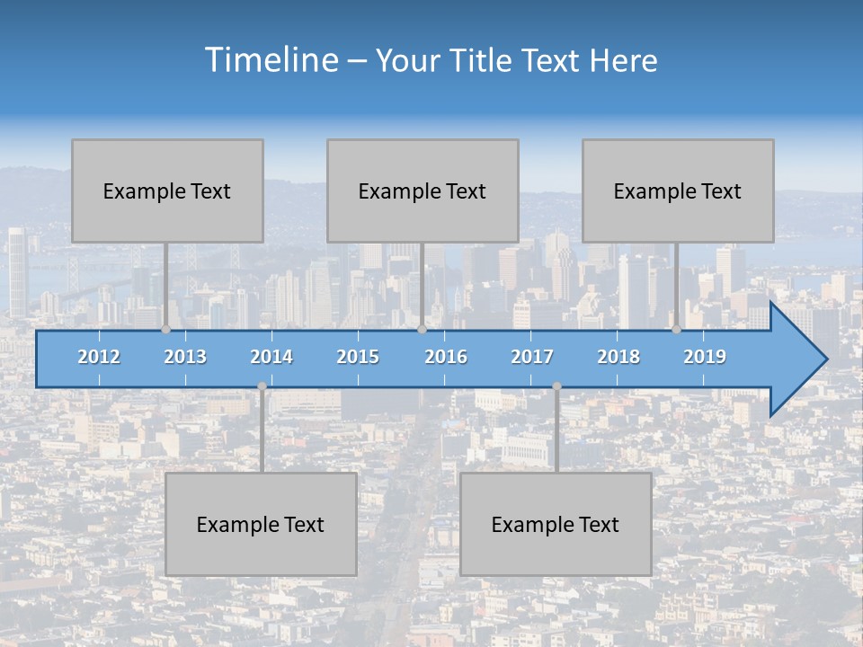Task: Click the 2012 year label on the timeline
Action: point(99,357)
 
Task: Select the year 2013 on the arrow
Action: point(185,357)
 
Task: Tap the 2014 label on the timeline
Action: point(271,357)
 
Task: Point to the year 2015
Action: point(358,357)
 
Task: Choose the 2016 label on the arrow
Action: point(446,357)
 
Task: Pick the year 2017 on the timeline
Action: point(532,357)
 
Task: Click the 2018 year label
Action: point(618,357)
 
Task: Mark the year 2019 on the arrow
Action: point(705,357)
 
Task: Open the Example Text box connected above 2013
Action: point(167,191)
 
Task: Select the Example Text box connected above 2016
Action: point(423,191)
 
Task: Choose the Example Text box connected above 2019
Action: point(678,191)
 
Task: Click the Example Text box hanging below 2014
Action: point(261,524)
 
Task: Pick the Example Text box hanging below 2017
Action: point(556,524)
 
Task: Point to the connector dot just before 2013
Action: point(165,330)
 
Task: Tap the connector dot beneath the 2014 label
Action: point(262,386)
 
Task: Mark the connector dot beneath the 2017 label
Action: point(556,386)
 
